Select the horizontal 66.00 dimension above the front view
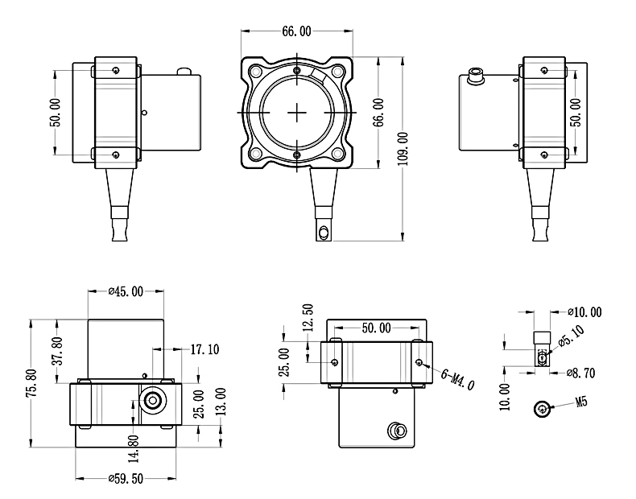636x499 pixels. click(x=295, y=31)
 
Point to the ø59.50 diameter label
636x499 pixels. click(x=126, y=477)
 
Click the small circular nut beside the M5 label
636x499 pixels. click(x=543, y=409)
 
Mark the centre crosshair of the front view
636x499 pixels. click(x=297, y=111)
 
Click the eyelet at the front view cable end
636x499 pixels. click(x=324, y=232)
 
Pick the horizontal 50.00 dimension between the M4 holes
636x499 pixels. click(x=376, y=328)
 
